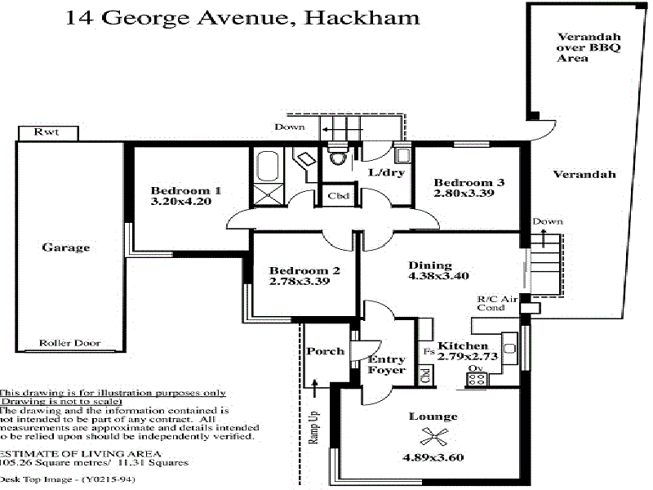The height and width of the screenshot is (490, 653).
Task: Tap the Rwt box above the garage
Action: click(47, 132)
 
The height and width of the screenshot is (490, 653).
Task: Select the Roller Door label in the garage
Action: click(69, 344)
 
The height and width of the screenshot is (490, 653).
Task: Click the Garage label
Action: click(66, 247)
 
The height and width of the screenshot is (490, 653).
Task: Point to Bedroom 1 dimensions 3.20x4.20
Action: click(186, 200)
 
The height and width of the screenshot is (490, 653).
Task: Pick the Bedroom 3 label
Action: click(464, 182)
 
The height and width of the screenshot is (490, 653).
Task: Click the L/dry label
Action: click(384, 172)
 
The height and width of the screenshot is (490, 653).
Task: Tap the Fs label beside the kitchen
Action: click(429, 352)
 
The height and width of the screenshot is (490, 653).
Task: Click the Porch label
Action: click(325, 351)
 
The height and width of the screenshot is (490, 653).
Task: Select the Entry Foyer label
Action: click(387, 365)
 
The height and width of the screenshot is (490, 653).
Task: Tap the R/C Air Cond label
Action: click(498, 304)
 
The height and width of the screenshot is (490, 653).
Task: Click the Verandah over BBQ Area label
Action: click(589, 47)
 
